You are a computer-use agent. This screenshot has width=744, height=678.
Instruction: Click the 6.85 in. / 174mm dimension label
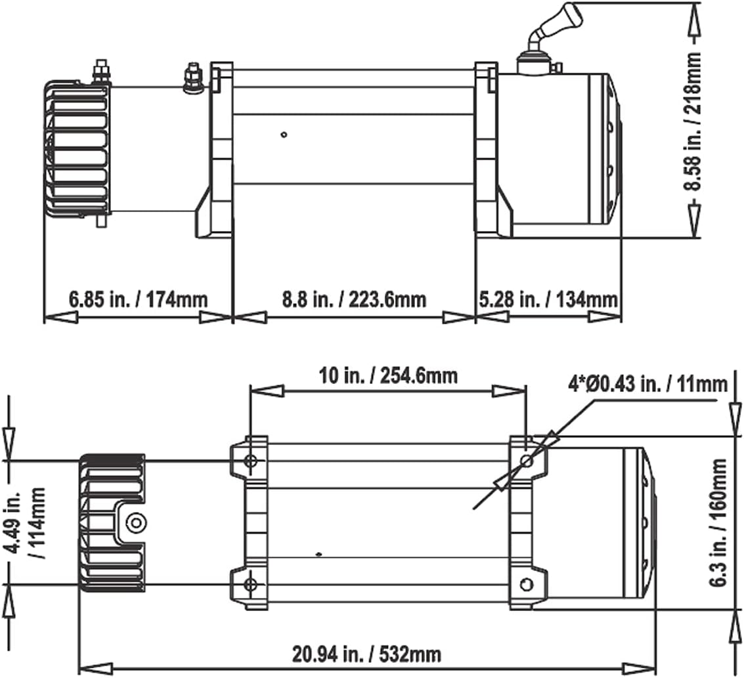click(138, 300)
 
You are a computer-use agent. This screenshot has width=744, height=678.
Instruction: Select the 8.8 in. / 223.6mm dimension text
click(354, 300)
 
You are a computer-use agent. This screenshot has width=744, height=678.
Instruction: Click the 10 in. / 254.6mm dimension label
click(388, 376)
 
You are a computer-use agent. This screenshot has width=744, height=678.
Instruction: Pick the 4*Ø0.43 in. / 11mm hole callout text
click(648, 383)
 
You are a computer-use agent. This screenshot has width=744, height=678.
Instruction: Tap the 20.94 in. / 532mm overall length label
click(366, 654)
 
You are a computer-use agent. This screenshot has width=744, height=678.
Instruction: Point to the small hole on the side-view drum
click(284, 135)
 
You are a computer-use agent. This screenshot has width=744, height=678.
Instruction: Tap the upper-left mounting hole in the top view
click(250, 461)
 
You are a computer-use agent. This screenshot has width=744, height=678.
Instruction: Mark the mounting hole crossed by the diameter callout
click(526, 461)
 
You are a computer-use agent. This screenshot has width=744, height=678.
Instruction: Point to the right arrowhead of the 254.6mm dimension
click(512, 391)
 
